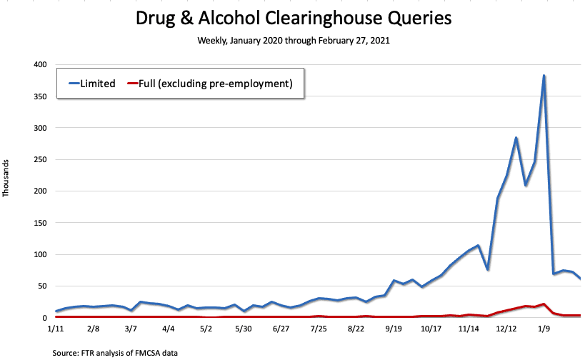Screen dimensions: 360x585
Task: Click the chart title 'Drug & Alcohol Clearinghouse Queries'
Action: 294,18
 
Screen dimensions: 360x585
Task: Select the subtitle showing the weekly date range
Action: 294,41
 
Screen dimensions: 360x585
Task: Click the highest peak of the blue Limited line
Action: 544,76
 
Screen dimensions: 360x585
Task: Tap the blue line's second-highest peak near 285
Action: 516,138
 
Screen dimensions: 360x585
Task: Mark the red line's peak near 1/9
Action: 544,304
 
